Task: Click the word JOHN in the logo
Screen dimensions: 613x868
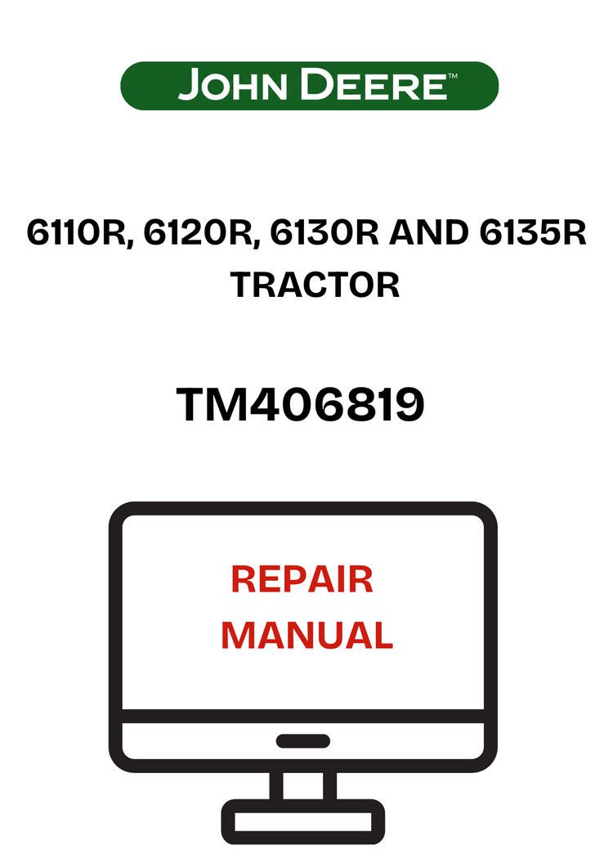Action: coord(233,85)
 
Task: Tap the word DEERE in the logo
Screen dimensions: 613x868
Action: coord(374,85)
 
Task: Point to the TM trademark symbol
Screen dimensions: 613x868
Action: coord(453,75)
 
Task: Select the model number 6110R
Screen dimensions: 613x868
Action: coord(77,233)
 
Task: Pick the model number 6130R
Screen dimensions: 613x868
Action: coord(324,233)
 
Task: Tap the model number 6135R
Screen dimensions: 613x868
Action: coord(532,233)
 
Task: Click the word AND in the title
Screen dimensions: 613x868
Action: coord(429,233)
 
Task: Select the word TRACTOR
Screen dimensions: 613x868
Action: coord(315,285)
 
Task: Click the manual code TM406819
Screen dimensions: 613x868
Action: coord(301,405)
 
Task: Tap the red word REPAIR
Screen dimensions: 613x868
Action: coord(302,579)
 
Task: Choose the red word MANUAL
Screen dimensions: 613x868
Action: coord(307,636)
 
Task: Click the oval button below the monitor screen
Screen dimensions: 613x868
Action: coord(303,740)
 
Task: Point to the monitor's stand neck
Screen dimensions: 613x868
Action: coord(303,785)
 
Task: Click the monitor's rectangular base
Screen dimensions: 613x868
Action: coord(303,821)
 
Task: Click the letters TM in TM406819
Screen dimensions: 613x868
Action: coord(213,405)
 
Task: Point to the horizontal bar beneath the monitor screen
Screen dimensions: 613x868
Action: coord(303,716)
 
